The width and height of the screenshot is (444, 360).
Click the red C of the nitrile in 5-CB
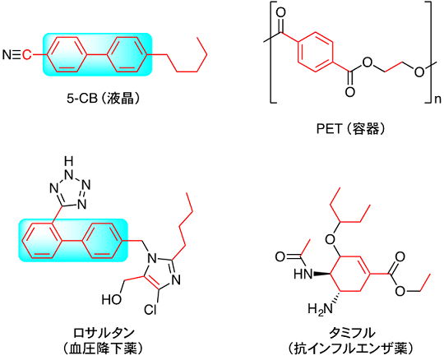point(26,55)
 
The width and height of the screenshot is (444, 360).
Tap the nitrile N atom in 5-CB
point(7,55)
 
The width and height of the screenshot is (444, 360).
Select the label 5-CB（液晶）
point(104,99)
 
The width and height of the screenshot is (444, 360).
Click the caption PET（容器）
point(350,129)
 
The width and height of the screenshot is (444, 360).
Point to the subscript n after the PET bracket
point(437,100)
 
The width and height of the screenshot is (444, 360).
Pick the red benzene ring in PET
point(315,52)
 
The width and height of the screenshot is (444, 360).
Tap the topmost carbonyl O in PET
point(280,12)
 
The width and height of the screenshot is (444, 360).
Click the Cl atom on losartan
point(150,309)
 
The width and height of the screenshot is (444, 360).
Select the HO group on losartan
point(112,299)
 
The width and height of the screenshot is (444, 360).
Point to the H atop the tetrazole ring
point(68,162)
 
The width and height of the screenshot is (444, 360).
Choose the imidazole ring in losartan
point(162,272)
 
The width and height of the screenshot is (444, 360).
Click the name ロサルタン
point(104,333)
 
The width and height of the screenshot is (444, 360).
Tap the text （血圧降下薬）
point(104,348)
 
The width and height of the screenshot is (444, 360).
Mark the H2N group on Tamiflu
point(321,308)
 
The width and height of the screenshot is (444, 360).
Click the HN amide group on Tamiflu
point(303,274)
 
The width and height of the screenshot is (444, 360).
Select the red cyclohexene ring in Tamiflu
point(350,274)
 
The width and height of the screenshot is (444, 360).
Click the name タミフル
point(351,333)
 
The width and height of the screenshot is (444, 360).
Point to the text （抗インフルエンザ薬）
point(351,348)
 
